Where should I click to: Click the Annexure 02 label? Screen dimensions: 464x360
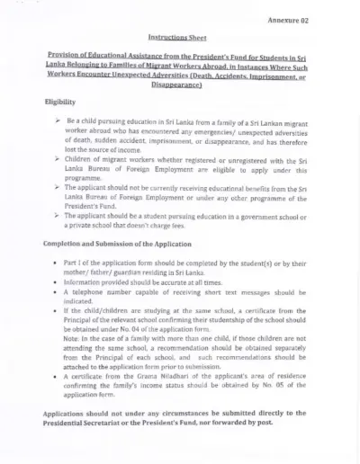[x=289, y=19]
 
